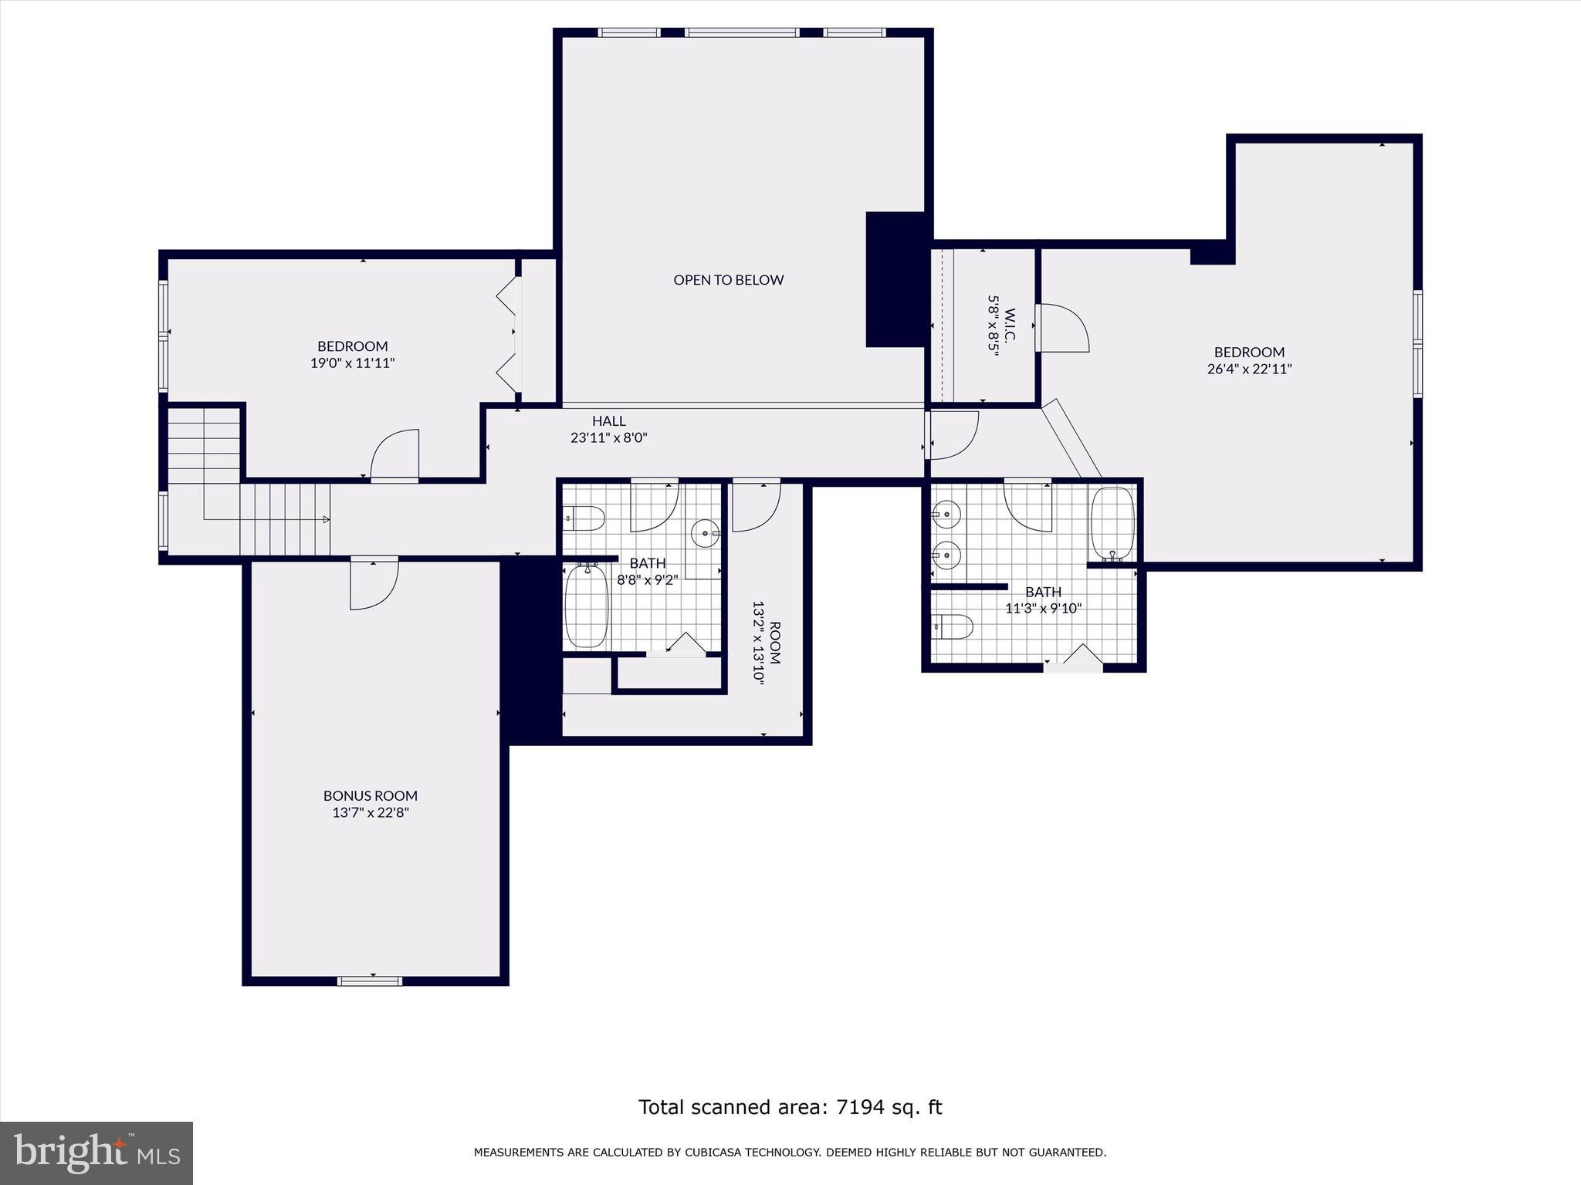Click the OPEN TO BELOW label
[728, 280]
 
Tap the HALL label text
[608, 421]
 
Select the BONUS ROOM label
[371, 795]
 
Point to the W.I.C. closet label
[1010, 326]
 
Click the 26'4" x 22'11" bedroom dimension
[1249, 370]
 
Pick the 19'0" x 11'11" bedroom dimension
[353, 363]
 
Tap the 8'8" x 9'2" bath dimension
[647, 579]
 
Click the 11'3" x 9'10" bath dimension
[1043, 608]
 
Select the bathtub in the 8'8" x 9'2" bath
[587, 606]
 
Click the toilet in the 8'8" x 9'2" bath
[584, 518]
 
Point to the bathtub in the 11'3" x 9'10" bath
[1111, 522]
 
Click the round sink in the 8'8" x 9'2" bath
[705, 532]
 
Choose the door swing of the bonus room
[374, 584]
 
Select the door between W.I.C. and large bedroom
[1062, 328]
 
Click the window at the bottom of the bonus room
[370, 981]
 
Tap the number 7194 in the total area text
[855, 1107]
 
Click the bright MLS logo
[96, 1153]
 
